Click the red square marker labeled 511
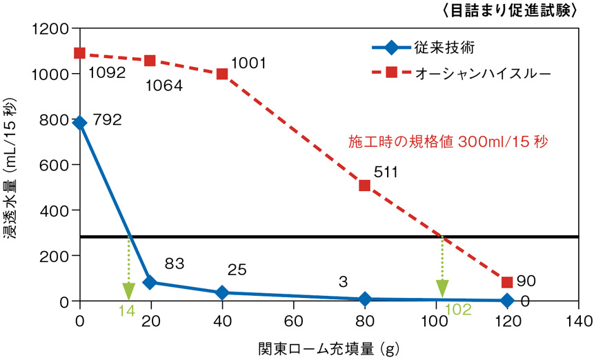point(364,186)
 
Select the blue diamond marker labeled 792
point(80,123)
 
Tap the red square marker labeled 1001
point(222,74)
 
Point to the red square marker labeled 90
point(507,282)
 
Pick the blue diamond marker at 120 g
point(507,300)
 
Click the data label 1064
point(163,86)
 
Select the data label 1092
point(106,71)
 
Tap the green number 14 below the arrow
point(126,310)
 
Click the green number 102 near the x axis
point(457,310)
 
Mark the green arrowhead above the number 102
point(442,288)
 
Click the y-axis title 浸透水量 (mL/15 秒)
point(14,172)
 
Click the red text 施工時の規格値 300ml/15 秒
point(448,143)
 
